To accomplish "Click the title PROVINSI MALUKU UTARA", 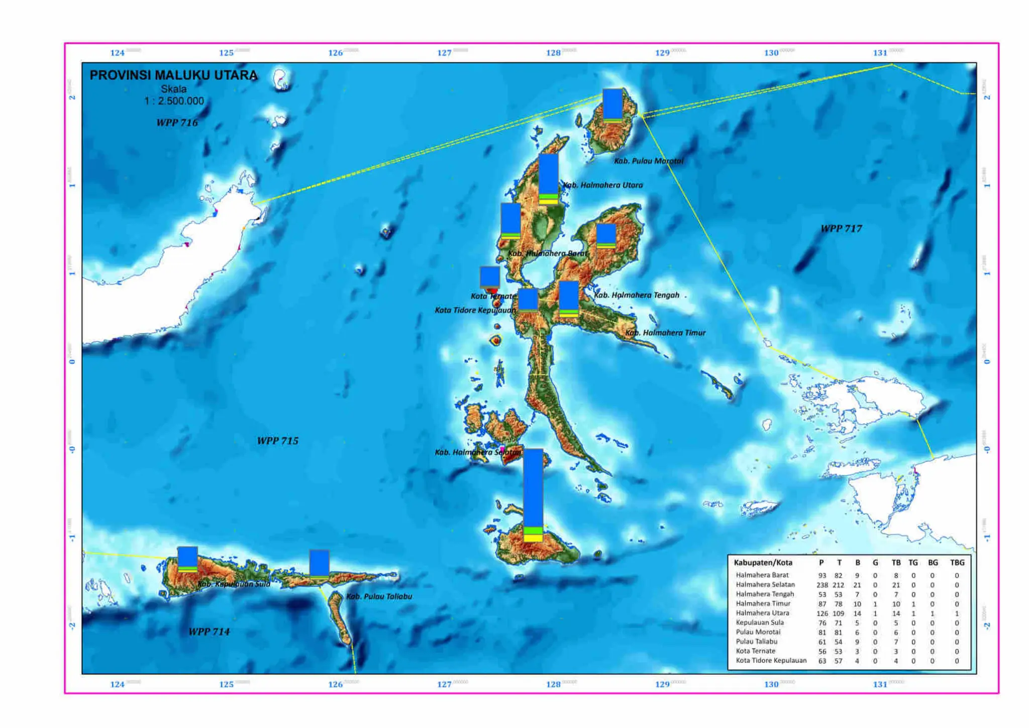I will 173,75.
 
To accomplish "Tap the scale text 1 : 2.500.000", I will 174,101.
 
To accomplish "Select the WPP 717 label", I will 841,229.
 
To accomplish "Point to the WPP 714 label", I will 209,632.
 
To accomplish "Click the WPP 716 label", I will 177,123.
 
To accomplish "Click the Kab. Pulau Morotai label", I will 648,161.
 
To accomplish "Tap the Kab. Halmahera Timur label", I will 665,333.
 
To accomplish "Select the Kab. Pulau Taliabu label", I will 379,596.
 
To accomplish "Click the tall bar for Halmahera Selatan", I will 533,495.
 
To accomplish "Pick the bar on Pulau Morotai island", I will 612,105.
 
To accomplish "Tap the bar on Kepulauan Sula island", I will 187,559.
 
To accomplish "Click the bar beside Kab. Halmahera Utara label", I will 548,179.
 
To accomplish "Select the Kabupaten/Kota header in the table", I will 763,563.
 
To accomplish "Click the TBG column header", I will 957,563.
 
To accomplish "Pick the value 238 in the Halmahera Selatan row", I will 822,585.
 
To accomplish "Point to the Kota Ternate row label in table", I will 755,651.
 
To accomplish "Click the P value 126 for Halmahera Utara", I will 822,613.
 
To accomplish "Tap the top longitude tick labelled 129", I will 662,53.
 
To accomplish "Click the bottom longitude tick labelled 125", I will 226,684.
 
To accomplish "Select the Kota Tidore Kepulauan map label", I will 475,310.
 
